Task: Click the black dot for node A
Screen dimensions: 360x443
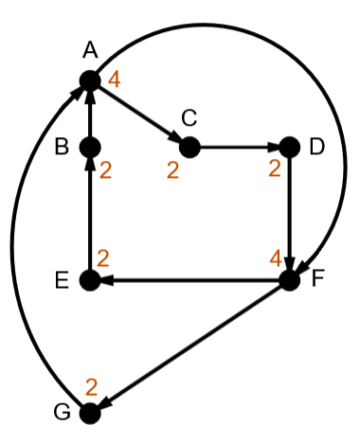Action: pyautogui.click(x=90, y=80)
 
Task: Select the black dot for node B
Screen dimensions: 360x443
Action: pyautogui.click(x=90, y=147)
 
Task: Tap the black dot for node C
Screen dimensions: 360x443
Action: pyautogui.click(x=189, y=147)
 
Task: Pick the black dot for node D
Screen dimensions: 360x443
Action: pyautogui.click(x=290, y=147)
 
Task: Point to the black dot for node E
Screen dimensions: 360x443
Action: pyautogui.click(x=90, y=280)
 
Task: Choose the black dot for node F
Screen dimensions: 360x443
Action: pyautogui.click(x=290, y=280)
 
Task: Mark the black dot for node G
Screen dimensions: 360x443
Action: pyautogui.click(x=90, y=414)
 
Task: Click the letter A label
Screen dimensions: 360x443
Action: pyautogui.click(x=90, y=50)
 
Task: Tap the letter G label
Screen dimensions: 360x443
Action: pyautogui.click(x=62, y=412)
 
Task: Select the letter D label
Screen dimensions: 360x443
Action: pyautogui.click(x=317, y=147)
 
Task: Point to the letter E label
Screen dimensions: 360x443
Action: pyautogui.click(x=62, y=280)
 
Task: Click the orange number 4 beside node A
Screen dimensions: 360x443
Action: pyautogui.click(x=115, y=80)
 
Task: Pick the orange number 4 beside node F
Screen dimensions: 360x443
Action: pyautogui.click(x=276, y=259)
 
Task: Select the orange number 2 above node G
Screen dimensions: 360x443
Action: pyautogui.click(x=91, y=387)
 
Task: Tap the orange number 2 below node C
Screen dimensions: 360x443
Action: pyautogui.click(x=172, y=170)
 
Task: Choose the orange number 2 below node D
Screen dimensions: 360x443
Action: pyautogui.click(x=275, y=168)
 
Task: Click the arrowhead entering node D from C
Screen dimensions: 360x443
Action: pyautogui.click(x=274, y=147)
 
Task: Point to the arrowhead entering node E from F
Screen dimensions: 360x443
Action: pyautogui.click(x=106, y=280)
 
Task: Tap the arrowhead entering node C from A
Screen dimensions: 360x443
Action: pyautogui.click(x=174, y=137)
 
